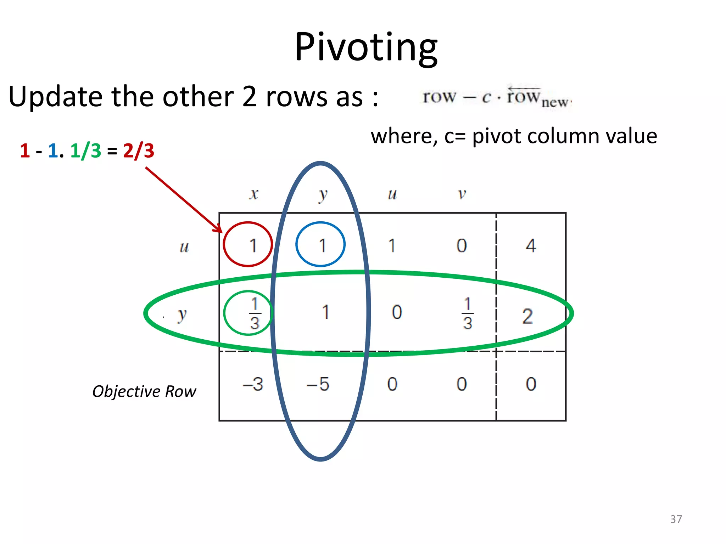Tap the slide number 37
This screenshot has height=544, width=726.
(676, 519)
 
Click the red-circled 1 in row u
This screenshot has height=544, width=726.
(252, 245)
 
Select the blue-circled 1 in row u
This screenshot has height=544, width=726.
(322, 245)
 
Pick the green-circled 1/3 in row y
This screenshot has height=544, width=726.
(255, 313)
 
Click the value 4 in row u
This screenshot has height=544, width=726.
(531, 245)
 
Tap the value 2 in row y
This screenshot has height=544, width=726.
(527, 316)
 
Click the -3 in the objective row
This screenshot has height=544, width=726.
(253, 384)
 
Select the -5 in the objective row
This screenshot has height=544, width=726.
(318, 384)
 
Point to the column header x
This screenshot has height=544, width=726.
(253, 194)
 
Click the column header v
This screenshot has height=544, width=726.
(462, 194)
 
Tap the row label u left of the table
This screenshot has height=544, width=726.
(184, 247)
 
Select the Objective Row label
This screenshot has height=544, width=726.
(144, 391)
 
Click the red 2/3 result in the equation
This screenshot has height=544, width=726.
(139, 151)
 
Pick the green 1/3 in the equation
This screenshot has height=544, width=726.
(85, 151)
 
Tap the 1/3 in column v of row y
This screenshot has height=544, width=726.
(467, 313)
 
